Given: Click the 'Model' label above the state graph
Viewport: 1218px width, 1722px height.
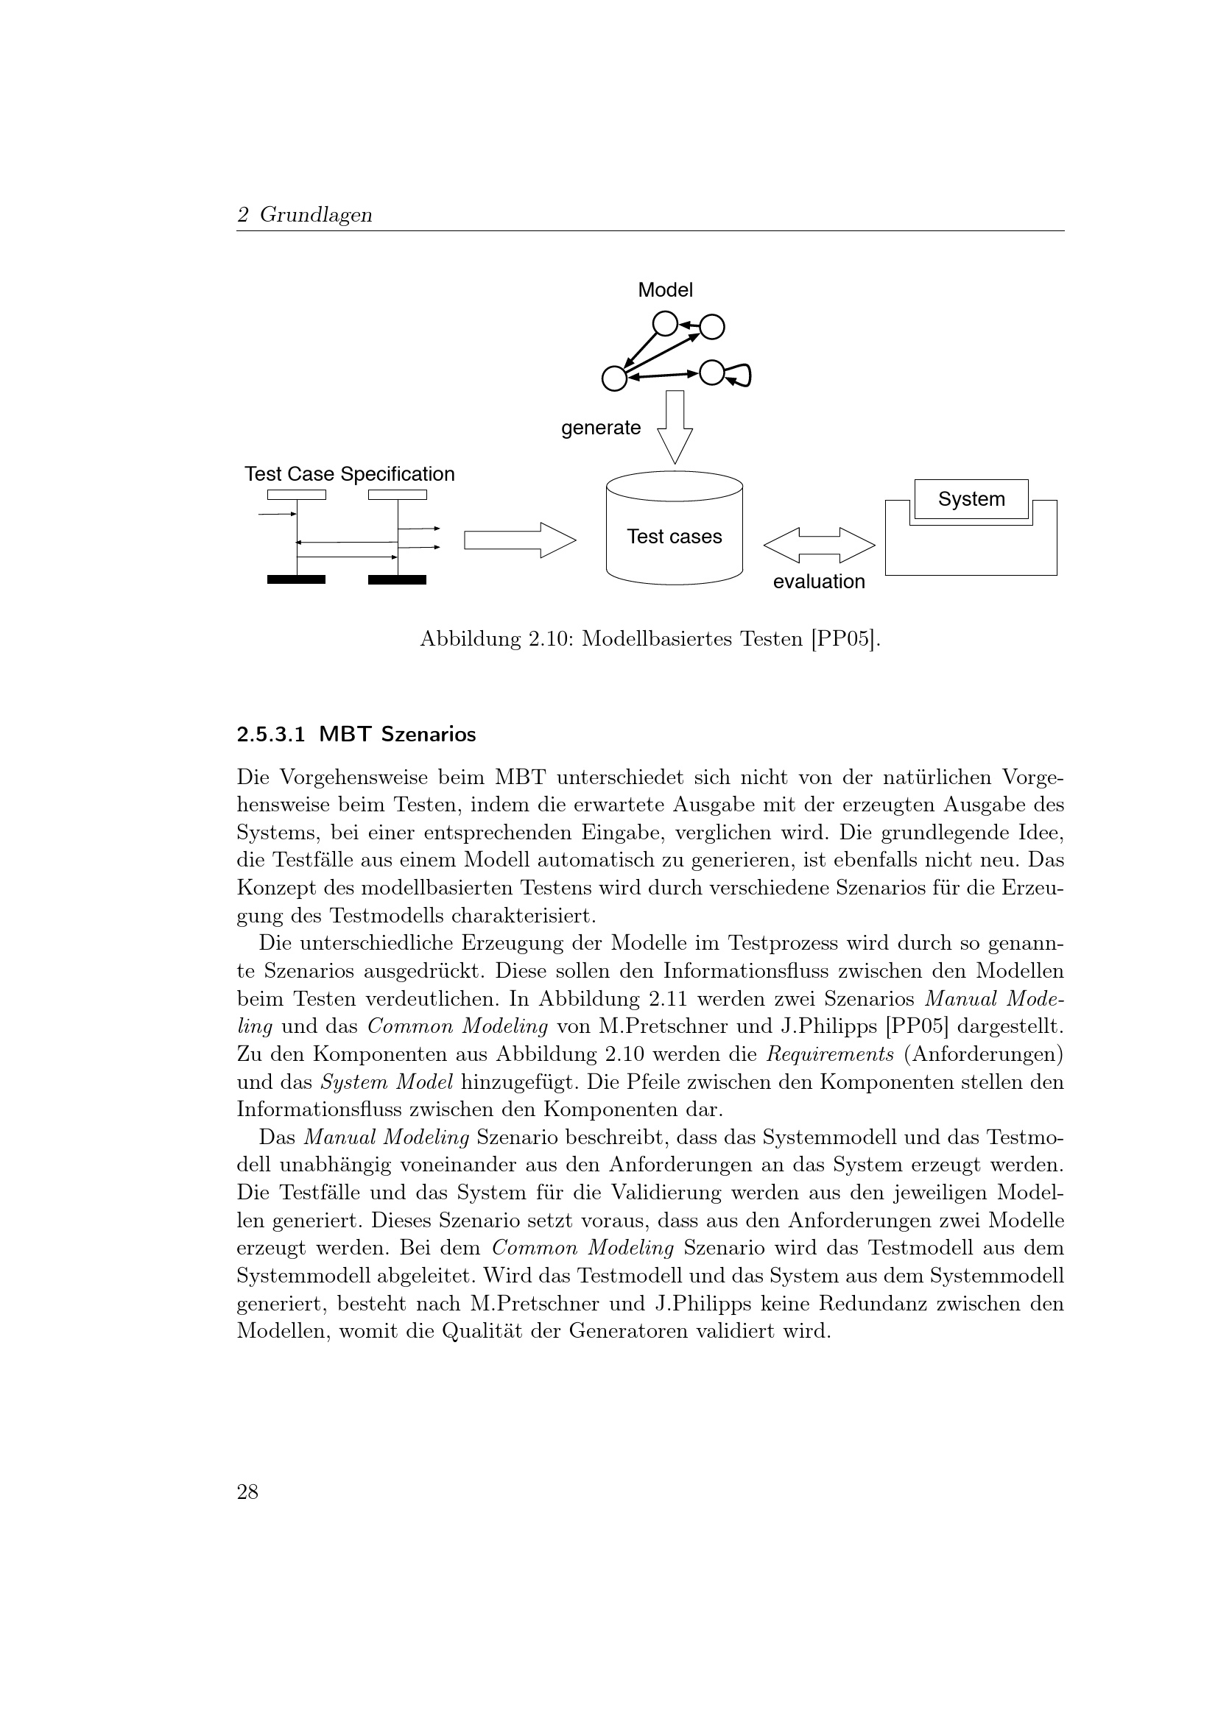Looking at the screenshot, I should point(665,290).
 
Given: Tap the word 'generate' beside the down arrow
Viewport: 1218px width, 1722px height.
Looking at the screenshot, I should point(601,428).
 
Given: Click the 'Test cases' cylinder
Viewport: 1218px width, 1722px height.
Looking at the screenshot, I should point(675,535).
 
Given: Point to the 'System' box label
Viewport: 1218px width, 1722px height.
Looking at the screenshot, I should point(971,499).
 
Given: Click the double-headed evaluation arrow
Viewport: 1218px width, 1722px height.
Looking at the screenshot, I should point(819,546).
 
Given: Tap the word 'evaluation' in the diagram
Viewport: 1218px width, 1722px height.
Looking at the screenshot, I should point(818,582).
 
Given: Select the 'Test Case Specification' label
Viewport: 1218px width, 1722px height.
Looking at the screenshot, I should point(350,474).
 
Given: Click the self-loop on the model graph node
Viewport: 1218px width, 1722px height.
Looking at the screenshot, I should point(741,375).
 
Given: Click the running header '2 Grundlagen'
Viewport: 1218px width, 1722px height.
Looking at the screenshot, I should point(305,216).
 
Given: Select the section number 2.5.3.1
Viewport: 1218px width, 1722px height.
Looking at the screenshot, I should point(271,735).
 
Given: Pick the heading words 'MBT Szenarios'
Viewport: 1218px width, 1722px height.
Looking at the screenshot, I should point(398,735).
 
